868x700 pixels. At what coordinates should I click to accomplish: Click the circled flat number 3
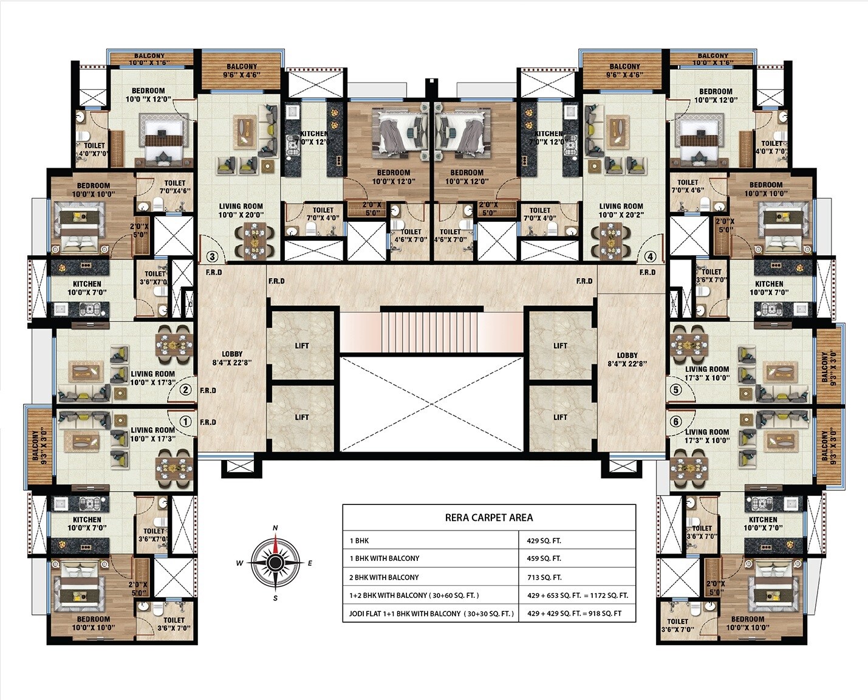(x=213, y=256)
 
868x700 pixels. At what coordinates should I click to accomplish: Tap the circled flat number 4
(x=651, y=256)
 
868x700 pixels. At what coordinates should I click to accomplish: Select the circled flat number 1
(x=186, y=422)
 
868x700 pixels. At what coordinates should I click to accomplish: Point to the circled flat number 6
(x=675, y=422)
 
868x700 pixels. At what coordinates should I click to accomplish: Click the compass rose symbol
(x=275, y=563)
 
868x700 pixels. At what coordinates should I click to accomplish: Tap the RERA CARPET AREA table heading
(x=489, y=518)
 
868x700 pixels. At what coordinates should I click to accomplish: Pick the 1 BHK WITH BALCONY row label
(x=384, y=558)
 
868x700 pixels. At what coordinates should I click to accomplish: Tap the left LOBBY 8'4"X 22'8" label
(x=232, y=359)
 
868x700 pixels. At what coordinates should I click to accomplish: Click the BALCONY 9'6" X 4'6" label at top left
(x=242, y=71)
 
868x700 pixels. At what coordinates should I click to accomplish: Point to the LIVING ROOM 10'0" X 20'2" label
(x=621, y=210)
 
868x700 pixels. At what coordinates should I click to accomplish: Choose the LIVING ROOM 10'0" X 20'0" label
(x=241, y=210)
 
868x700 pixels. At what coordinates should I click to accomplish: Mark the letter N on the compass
(x=275, y=528)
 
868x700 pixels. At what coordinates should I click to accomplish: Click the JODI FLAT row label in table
(x=431, y=614)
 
